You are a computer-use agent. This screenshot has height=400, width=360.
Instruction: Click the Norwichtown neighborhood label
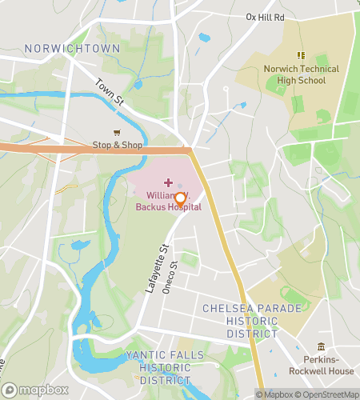tap(72, 49)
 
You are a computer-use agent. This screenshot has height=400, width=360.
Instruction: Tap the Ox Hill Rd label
tap(265, 16)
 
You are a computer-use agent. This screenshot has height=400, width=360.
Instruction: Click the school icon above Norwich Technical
tap(301, 55)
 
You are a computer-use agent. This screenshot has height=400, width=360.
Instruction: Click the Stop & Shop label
tap(118, 145)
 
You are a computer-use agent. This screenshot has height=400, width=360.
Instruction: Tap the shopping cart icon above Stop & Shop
tap(118, 133)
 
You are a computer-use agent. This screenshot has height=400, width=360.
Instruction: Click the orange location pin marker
tap(181, 200)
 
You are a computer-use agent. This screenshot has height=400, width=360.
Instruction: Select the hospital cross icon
tap(156, 183)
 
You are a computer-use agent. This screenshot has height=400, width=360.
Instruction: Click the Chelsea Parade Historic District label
tap(251, 320)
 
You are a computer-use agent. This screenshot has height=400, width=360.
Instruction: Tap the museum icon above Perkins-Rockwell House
tap(322, 346)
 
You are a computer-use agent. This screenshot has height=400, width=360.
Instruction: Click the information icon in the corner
tap(261, 394)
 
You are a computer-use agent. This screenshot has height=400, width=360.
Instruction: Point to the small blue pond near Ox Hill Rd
tap(204, 37)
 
